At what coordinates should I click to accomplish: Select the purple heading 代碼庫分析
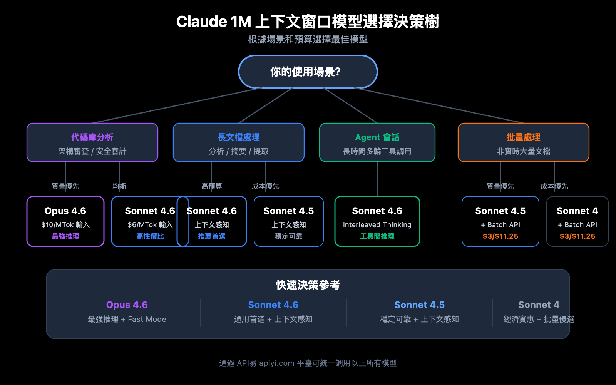click(92, 137)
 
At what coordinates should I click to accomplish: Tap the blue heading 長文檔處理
click(238, 137)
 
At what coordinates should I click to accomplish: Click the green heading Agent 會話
click(377, 137)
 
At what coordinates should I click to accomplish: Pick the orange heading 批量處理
click(523, 137)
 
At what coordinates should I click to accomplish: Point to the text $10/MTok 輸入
click(65, 225)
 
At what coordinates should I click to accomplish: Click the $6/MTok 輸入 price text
click(150, 225)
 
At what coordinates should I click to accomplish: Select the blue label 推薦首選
click(211, 236)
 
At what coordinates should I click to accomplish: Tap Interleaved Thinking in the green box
click(377, 225)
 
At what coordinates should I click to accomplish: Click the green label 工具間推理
click(377, 236)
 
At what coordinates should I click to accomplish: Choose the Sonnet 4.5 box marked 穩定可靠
click(288, 221)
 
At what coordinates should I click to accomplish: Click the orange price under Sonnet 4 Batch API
click(577, 236)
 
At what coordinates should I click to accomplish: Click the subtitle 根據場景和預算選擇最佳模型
click(308, 39)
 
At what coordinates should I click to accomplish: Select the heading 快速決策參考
click(308, 285)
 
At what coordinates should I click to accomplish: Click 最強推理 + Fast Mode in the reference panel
click(127, 319)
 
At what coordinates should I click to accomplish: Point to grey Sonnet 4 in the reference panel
click(539, 305)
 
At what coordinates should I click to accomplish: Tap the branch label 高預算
click(211, 186)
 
